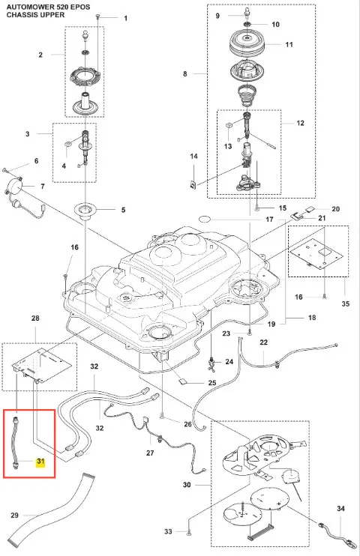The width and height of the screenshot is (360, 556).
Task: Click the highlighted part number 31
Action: [40, 462]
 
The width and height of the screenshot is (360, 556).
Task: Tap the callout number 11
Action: [289, 45]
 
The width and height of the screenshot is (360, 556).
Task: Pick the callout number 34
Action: [340, 509]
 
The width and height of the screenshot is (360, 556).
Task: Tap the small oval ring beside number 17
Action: [205, 219]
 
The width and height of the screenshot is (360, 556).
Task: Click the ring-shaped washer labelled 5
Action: [85, 210]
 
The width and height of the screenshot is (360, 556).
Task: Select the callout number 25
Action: [212, 383]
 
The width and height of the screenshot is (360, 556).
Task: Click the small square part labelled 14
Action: [193, 185]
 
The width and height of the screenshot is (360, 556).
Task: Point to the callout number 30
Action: [187, 485]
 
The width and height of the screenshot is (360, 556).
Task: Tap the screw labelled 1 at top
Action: [98, 16]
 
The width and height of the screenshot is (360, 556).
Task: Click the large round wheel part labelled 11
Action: [248, 43]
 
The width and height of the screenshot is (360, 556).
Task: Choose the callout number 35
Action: [346, 304]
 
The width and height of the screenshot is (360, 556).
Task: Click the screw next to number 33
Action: [188, 531]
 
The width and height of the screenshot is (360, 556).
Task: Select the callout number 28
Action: [35, 318]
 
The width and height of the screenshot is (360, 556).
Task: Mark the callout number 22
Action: [264, 342]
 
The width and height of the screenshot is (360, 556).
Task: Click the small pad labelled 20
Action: [308, 209]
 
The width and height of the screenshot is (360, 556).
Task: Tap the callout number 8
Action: [185, 74]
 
